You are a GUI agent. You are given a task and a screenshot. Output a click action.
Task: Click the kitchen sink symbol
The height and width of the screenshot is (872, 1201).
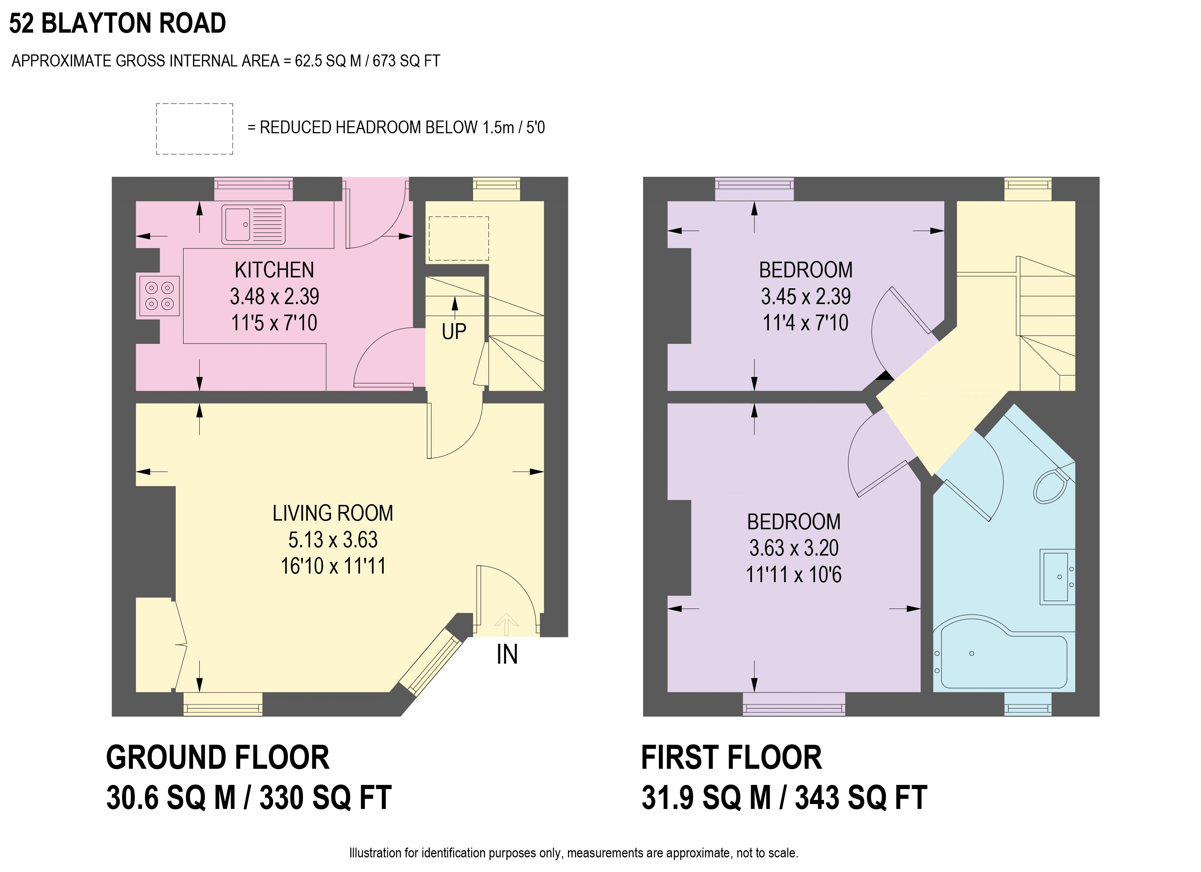[253, 224]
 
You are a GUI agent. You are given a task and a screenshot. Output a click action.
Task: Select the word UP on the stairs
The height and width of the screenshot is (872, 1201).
[454, 332]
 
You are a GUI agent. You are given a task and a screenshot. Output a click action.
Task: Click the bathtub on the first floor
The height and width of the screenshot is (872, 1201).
[1001, 654]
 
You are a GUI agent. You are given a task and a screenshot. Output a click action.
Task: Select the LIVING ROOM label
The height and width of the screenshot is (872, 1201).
[333, 513]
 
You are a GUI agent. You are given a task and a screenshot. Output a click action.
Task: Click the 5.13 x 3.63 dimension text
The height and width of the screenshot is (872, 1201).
[333, 539]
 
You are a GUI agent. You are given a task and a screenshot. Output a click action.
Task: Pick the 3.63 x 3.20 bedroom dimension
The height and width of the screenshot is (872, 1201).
[793, 548]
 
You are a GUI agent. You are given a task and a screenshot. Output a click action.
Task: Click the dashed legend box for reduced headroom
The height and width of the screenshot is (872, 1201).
[194, 129]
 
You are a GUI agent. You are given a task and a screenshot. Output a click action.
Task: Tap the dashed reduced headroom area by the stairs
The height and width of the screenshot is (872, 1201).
[458, 238]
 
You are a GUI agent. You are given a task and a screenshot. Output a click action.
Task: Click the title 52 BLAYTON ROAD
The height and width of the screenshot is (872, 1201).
[118, 24]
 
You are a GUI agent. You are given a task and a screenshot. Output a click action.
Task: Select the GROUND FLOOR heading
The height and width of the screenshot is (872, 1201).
[218, 758]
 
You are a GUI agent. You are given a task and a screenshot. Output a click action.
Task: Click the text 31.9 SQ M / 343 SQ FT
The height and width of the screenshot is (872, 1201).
[784, 798]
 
